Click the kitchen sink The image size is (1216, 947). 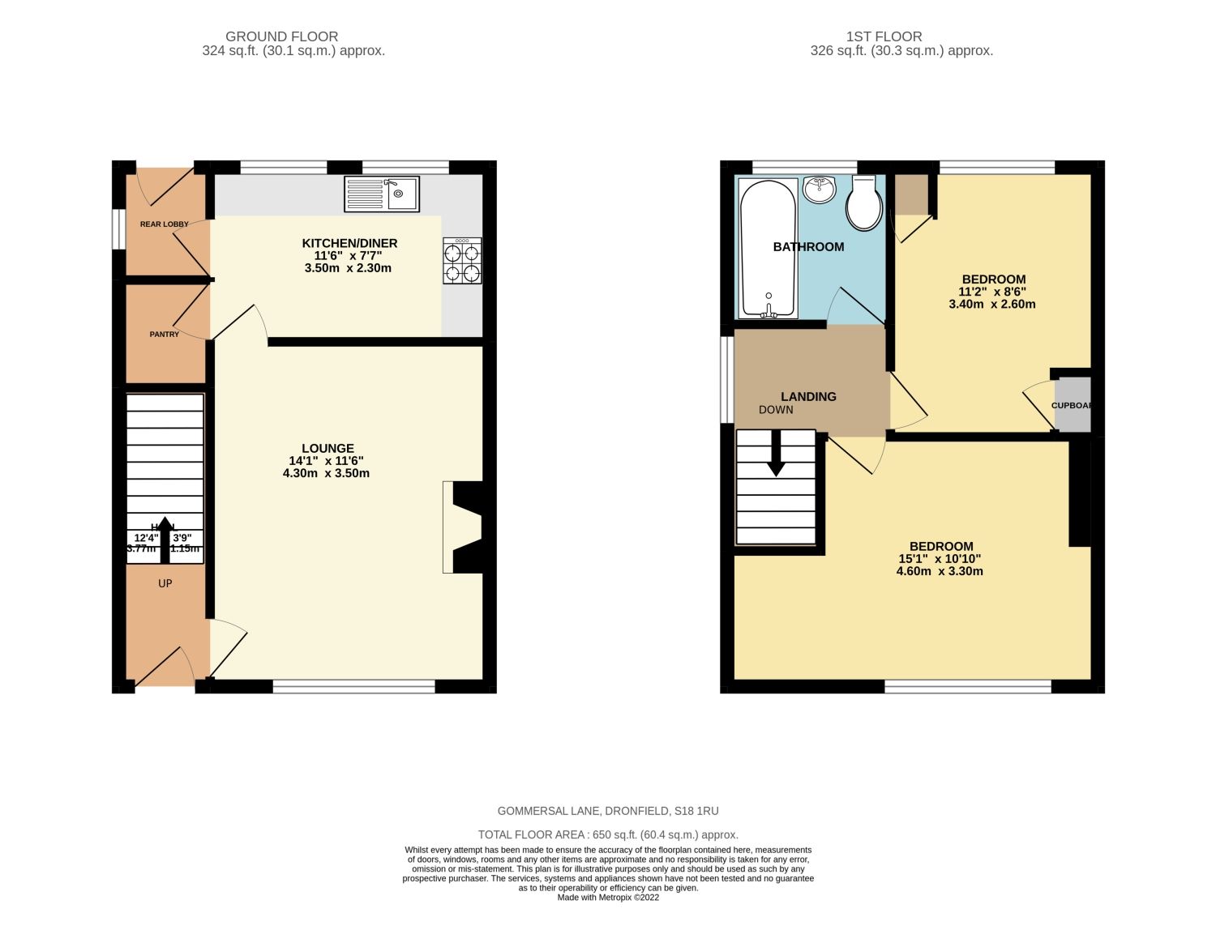click(x=382, y=194)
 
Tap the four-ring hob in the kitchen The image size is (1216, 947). click(x=462, y=261)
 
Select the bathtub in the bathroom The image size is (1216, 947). click(x=768, y=248)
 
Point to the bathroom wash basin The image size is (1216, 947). click(x=820, y=190)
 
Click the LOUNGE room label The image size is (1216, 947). click(x=328, y=448)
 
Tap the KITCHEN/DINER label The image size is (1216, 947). click(x=349, y=243)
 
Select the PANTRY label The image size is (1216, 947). click(x=165, y=334)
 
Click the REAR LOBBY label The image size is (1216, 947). click(x=164, y=224)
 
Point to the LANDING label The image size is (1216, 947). click(x=808, y=396)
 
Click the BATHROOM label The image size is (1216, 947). click(x=808, y=247)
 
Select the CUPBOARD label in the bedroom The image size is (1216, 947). click(x=1072, y=405)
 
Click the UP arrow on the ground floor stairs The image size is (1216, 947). click(x=165, y=539)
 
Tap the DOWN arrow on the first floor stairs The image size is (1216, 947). click(x=777, y=453)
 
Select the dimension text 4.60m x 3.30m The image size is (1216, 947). click(x=940, y=571)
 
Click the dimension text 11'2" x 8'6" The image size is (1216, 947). click(x=992, y=292)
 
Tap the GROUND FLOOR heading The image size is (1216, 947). click(x=281, y=36)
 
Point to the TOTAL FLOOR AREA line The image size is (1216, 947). click(x=608, y=834)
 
